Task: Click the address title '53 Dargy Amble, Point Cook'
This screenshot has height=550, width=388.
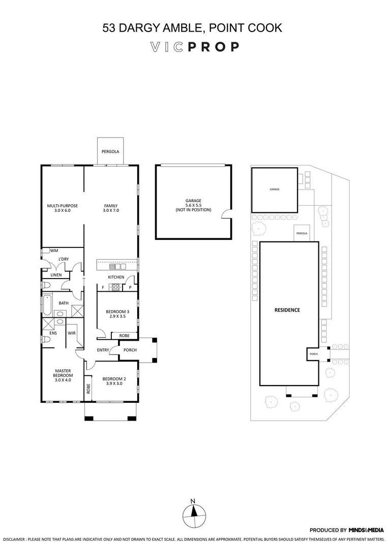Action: pos(192,28)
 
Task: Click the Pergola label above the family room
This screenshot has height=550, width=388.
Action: pos(110,152)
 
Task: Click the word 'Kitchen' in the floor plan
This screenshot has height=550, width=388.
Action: pos(115,277)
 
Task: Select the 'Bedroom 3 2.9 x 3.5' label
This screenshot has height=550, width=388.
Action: pos(117,314)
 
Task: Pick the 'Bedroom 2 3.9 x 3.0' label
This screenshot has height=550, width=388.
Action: pos(114,381)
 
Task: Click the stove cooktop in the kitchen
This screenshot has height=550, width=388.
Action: pos(115,287)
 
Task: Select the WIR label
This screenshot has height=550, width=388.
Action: pos(71,333)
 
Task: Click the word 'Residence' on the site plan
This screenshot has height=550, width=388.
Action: pos(287,310)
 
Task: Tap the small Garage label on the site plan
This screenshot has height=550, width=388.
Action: pos(275,189)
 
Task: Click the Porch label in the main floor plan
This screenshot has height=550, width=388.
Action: pos(130,350)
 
